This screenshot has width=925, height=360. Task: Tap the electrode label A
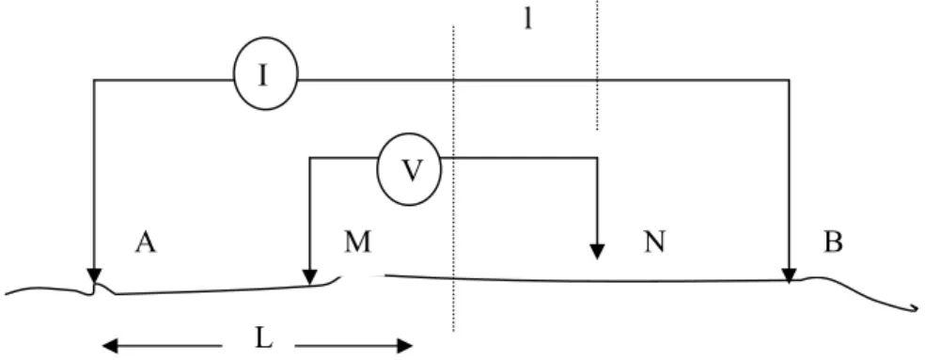point(146,242)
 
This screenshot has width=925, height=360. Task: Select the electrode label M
point(358,242)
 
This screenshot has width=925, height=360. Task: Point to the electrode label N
point(654,242)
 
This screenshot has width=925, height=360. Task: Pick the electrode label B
point(833,242)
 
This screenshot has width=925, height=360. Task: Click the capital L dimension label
point(263,338)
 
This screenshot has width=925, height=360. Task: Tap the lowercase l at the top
point(528,20)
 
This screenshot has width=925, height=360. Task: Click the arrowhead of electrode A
point(94,276)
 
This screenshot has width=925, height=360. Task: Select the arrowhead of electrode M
point(309,276)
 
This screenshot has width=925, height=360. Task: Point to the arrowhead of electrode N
point(597,252)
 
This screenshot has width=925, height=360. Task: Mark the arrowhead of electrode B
point(789,275)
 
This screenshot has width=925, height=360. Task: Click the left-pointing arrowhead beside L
point(110,346)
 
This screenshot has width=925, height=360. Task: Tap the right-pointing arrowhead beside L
point(404,346)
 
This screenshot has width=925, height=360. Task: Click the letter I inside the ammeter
point(263,75)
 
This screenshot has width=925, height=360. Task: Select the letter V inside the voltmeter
point(411,170)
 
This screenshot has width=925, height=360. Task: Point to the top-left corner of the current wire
point(94,80)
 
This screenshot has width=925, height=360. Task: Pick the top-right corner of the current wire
point(789,80)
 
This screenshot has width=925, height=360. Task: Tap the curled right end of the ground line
point(916,307)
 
